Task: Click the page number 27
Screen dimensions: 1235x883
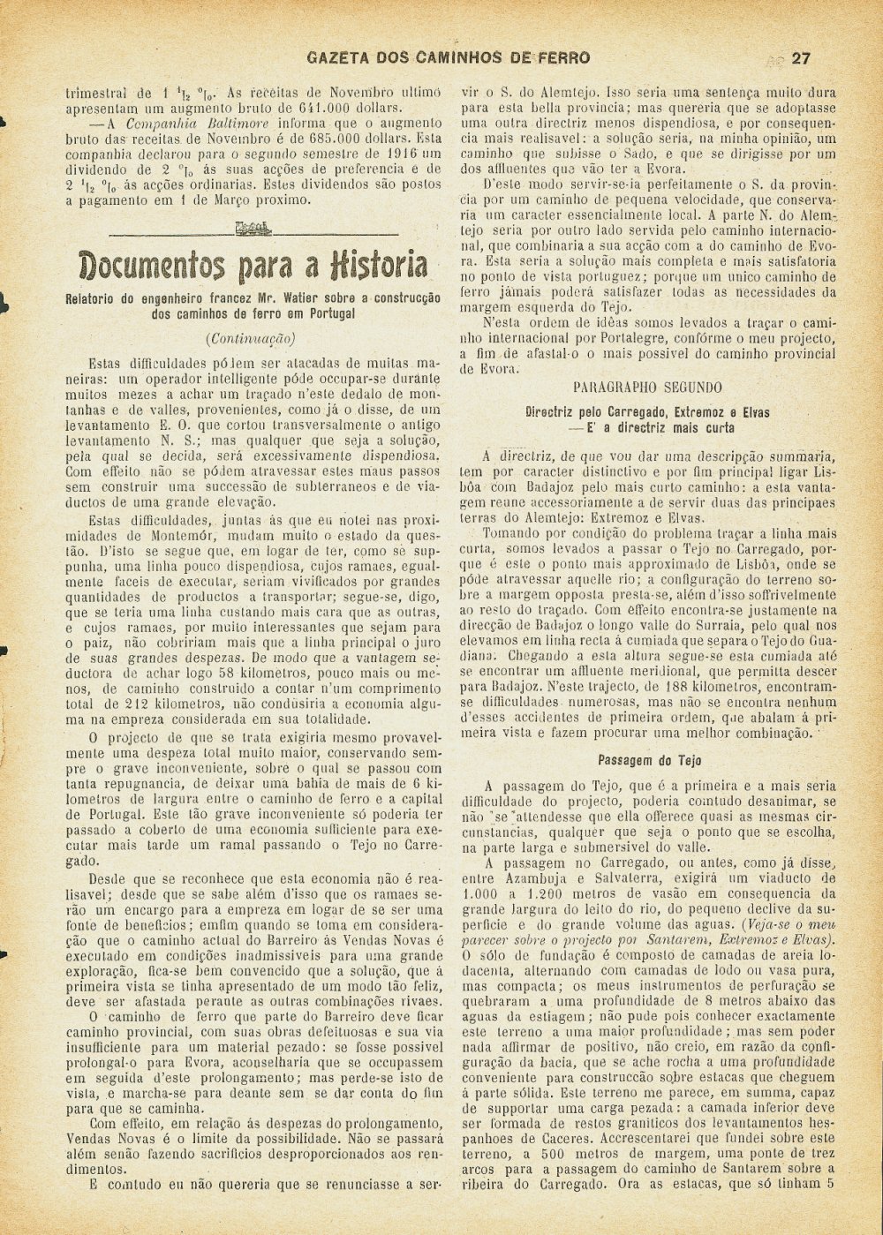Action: [x=802, y=59]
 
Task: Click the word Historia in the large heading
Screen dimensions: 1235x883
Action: [x=381, y=264]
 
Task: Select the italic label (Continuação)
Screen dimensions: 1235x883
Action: [x=250, y=337]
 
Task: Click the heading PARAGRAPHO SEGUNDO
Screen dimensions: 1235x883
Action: [x=647, y=387]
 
